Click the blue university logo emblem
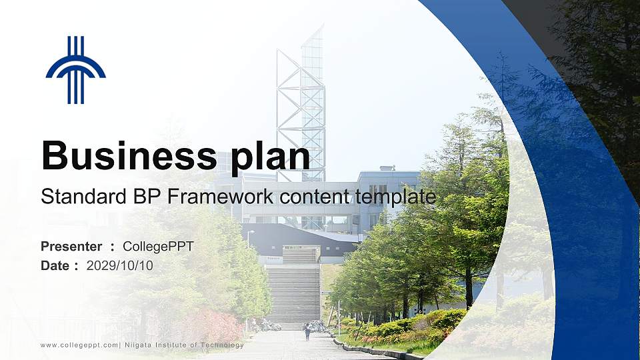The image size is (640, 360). tap(75, 70)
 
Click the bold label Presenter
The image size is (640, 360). tap(71, 247)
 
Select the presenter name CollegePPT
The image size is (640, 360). tap(158, 247)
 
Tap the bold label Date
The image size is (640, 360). tap(55, 265)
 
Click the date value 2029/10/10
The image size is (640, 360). tap(120, 265)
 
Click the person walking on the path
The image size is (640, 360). tap(307, 331)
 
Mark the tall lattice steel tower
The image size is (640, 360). tap(301, 107)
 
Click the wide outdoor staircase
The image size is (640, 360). tap(293, 293)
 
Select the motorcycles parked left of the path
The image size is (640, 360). tap(268, 325)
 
